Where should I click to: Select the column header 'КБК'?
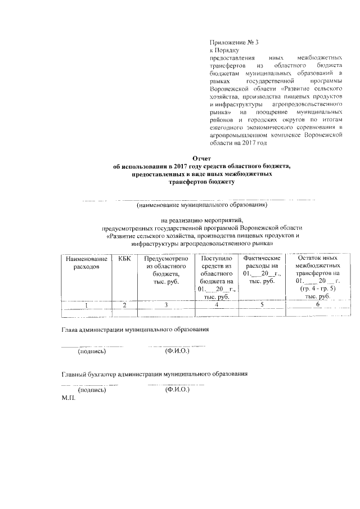click(124, 258)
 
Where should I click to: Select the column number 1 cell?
click(86, 304)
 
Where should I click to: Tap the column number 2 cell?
click(124, 304)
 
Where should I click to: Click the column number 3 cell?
click(165, 304)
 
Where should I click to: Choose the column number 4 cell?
click(216, 304)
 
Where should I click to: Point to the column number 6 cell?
click(318, 304)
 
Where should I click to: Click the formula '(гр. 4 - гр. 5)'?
click(318, 289)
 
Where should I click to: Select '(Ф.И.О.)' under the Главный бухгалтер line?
click(177, 389)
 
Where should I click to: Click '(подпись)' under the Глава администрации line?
click(91, 352)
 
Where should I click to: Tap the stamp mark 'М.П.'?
click(68, 397)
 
